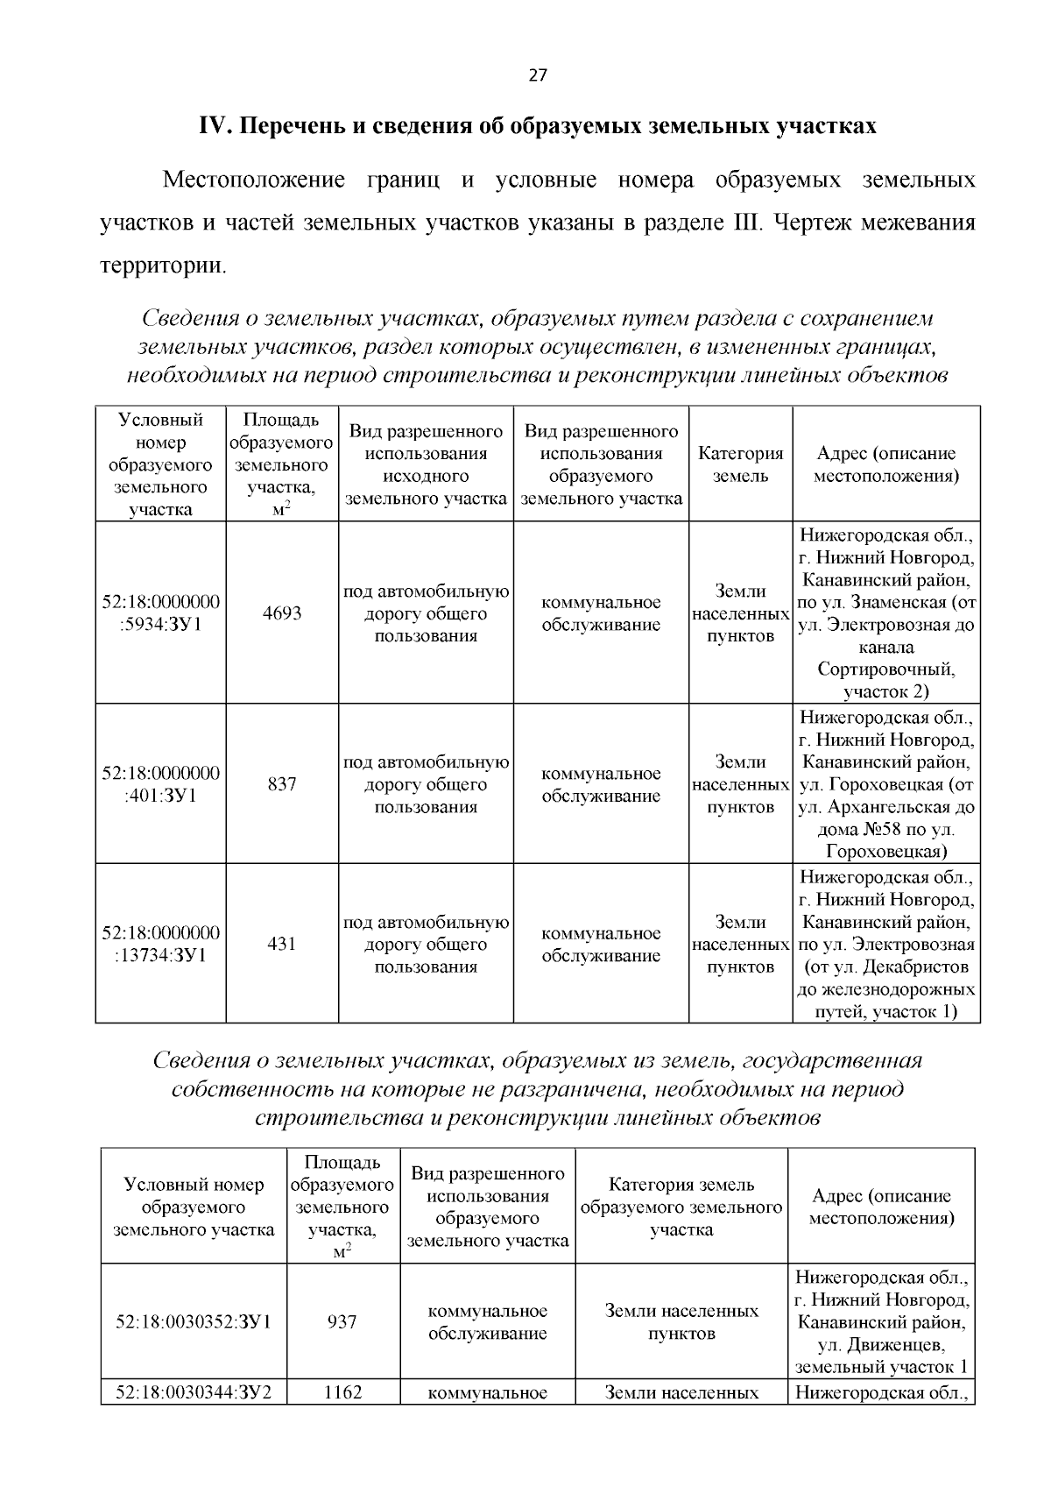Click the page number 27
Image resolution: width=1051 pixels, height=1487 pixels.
[538, 75]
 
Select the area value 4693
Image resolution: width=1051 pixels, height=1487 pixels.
[282, 613]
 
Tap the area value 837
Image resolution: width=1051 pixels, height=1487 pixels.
[282, 784]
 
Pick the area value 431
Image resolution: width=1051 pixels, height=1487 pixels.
[282, 944]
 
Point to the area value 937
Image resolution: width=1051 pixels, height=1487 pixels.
[342, 1322]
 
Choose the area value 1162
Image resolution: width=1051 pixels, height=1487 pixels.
[342, 1392]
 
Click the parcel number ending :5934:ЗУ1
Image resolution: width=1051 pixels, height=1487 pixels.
[161, 613]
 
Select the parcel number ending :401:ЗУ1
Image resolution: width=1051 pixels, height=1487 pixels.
[161, 784]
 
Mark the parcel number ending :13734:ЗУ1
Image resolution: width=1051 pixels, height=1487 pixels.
[161, 944]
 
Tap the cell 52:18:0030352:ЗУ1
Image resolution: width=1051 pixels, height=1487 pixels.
[194, 1322]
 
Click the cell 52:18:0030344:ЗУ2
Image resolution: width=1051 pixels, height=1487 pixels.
[194, 1392]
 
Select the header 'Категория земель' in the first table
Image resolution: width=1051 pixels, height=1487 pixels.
[740, 464]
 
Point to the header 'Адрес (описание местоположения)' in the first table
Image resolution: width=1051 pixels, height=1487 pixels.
[885, 464]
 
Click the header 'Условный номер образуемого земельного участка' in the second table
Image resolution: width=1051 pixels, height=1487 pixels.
[194, 1207]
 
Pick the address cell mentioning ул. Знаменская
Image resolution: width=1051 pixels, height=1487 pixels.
[885, 613]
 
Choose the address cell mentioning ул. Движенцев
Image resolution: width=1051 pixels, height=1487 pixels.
[881, 1322]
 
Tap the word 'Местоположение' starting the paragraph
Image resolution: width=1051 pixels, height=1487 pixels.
[253, 181]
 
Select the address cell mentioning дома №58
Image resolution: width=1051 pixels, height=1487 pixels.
[885, 784]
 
